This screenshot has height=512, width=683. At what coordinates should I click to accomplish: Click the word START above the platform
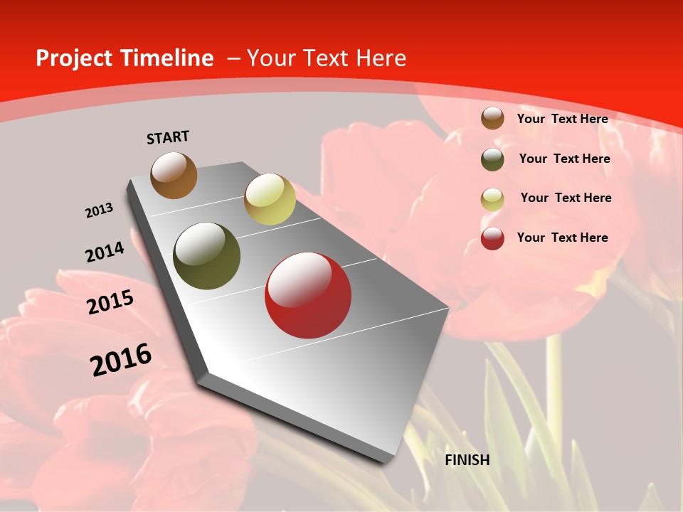[x=168, y=137]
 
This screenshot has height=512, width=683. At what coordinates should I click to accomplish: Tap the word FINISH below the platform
[x=467, y=460]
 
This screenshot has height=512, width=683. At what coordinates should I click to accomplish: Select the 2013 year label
[x=100, y=210]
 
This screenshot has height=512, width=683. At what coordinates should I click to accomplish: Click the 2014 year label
[x=105, y=252]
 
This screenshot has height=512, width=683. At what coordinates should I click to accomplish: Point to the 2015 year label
[x=110, y=302]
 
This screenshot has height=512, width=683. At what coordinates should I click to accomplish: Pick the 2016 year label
[x=121, y=359]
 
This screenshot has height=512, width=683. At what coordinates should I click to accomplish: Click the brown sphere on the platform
[x=174, y=175]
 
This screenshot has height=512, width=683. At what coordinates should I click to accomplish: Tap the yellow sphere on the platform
[x=270, y=199]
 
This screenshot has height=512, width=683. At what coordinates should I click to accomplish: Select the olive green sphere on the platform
[x=207, y=256]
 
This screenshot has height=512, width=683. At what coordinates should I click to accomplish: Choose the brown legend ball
[x=492, y=118]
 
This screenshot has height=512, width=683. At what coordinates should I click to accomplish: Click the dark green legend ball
[x=492, y=159]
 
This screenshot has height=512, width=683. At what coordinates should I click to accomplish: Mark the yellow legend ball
[x=492, y=199]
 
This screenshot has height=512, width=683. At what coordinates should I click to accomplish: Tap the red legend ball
[x=492, y=238]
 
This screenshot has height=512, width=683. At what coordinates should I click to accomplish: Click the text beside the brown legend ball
[x=562, y=119]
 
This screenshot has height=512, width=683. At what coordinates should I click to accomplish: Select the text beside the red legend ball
[x=562, y=238]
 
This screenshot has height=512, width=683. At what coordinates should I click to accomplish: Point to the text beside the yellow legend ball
[x=566, y=198]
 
